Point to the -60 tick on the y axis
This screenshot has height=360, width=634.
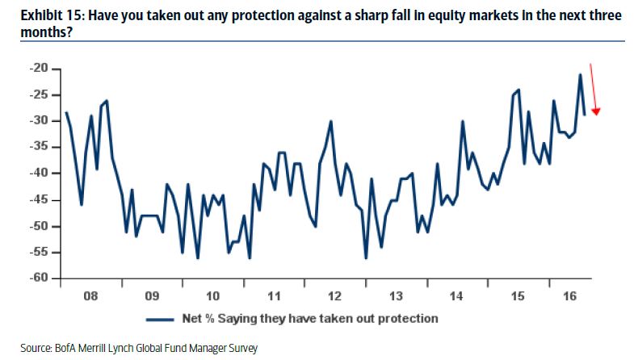pos(38,278)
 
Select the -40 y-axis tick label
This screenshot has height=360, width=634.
pos(38,174)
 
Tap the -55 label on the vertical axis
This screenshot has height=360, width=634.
pos(38,252)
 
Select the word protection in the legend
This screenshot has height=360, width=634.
pos(407,318)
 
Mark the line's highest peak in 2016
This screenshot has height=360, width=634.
pos(580,75)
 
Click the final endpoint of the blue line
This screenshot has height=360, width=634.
pos(585,115)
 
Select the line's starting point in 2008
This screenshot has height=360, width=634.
pos(66,112)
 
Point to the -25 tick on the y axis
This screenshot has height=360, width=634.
pos(38,94)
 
